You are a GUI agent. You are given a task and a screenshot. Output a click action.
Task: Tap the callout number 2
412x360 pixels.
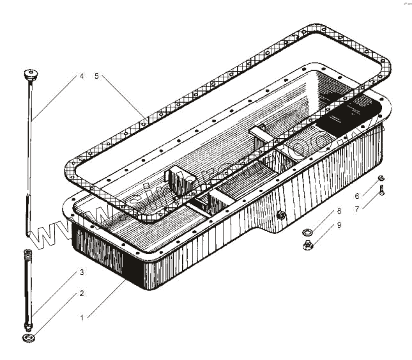coord(81,293)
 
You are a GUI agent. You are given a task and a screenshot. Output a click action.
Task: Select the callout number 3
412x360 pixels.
coord(81,272)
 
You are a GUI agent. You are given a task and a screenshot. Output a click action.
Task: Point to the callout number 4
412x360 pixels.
coord(81,76)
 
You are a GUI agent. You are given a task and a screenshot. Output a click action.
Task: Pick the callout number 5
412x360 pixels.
coord(96,76)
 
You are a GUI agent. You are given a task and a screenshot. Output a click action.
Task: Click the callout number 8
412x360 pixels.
coord(339,210)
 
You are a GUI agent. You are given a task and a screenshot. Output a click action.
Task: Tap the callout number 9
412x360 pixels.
coord(339,224)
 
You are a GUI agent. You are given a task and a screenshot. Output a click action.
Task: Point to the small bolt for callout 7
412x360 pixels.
coord(381,189)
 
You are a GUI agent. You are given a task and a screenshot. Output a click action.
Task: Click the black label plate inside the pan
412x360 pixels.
coord(345,119)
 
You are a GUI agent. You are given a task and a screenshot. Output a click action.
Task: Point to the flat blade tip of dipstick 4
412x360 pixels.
coord(28,214)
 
